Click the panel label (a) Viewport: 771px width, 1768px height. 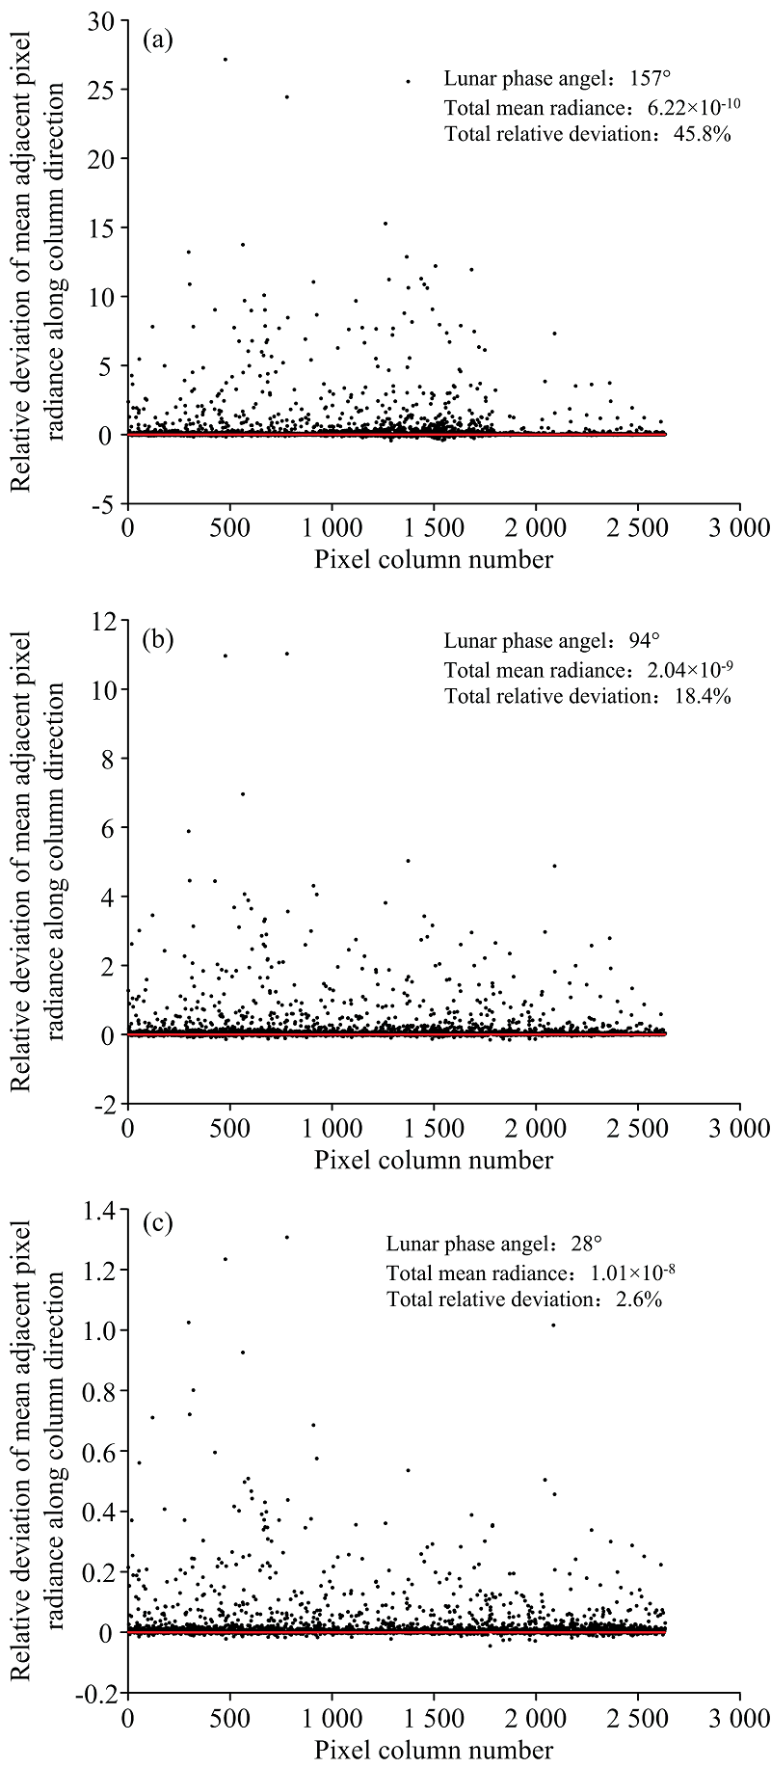[x=157, y=40]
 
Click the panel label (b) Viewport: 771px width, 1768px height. [x=157, y=640]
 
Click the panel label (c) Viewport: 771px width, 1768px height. [x=157, y=1224]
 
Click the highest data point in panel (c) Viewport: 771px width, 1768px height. [x=286, y=1237]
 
